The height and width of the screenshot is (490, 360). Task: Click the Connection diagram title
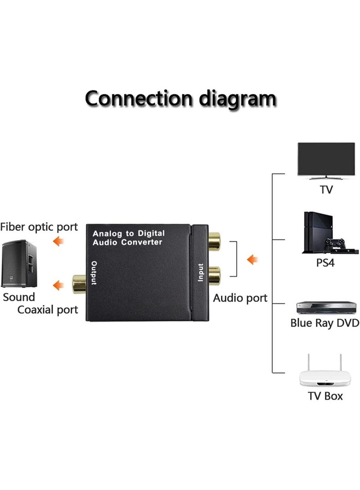pos(180,98)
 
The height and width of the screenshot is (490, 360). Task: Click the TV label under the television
pos(326,189)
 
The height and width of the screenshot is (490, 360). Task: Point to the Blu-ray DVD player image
pos(326,307)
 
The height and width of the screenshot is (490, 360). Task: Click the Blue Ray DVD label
pos(324,323)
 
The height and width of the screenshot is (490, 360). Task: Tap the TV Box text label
pos(325,396)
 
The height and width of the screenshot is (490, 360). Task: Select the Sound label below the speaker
pos(19,297)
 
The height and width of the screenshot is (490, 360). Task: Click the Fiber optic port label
pos(39,227)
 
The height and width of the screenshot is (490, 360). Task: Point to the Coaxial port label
pos(48,310)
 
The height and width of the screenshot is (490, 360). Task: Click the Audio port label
pos(240,298)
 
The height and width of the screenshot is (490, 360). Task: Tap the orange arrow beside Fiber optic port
pos(58,242)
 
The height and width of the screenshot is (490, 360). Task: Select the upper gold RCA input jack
pos(214,241)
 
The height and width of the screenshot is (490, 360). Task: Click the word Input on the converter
pos(201,272)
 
